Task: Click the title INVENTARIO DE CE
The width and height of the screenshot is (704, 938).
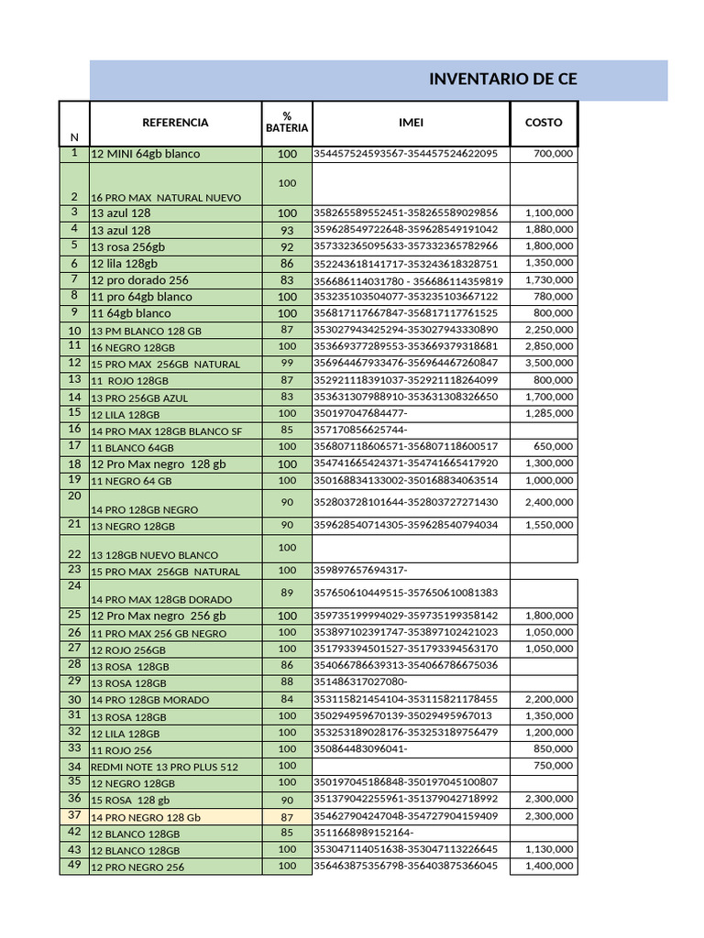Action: pos(502,80)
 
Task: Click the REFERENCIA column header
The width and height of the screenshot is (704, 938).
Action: pos(175,123)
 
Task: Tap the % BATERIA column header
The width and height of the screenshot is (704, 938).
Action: pos(287,123)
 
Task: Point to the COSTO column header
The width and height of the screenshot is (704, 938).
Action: pos(544,123)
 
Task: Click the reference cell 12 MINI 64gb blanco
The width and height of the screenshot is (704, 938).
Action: pos(145,154)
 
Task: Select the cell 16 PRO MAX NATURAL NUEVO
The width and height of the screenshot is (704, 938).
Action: pos(166,198)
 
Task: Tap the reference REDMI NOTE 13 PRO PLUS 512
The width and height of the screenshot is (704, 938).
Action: pos(164,767)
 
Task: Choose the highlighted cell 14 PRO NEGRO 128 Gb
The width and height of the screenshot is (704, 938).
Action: pos(145,816)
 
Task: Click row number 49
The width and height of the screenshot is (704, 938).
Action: pos(74,866)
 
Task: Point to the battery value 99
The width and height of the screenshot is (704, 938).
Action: pos(287,364)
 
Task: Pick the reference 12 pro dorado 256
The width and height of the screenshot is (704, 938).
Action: pos(139,280)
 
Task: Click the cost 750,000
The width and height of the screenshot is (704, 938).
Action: pos(554,766)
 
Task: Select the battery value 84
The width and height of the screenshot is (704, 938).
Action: pos(287,700)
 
